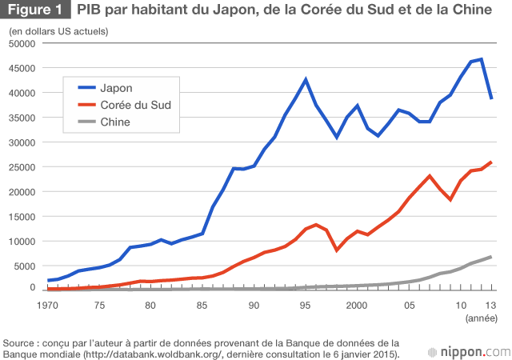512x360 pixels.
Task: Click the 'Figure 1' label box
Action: (x=36, y=12)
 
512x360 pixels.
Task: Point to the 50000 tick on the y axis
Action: (x=20, y=43)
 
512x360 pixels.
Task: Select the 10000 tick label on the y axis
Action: (x=20, y=242)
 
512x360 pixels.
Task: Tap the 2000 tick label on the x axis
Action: (x=357, y=306)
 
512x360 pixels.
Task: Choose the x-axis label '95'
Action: (x=305, y=306)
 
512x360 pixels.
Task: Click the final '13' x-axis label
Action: (x=490, y=306)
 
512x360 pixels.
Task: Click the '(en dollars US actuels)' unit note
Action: (x=58, y=30)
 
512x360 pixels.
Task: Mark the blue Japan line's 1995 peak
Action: (x=305, y=79)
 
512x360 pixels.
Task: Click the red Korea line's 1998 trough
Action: (x=337, y=250)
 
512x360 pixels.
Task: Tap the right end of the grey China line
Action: (x=490, y=256)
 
